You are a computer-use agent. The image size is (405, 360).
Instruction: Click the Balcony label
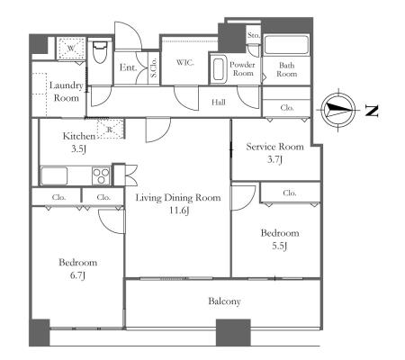[224, 301]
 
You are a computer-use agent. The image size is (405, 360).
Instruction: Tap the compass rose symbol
[338, 110]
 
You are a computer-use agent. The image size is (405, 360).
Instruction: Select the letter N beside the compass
[372, 111]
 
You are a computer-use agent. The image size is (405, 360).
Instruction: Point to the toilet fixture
[100, 52]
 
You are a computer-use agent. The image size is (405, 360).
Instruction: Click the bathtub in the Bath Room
[286, 45]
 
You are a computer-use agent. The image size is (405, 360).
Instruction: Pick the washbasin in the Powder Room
[219, 68]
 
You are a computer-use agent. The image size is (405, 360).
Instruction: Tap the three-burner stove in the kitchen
[101, 175]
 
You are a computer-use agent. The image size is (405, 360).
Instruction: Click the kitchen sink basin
[54, 175]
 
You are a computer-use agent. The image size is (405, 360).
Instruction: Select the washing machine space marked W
[71, 49]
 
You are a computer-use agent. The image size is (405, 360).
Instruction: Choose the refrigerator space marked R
[110, 130]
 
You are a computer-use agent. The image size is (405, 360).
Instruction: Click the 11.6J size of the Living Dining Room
[179, 211]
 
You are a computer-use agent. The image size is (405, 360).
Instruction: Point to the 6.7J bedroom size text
[77, 275]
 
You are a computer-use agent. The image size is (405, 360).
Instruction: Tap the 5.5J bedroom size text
[279, 246]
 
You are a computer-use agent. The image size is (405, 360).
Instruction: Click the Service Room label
[274, 147]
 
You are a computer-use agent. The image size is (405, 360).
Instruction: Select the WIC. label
[184, 62]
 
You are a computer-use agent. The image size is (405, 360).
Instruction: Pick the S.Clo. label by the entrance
[153, 67]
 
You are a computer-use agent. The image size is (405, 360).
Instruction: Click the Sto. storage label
[254, 35]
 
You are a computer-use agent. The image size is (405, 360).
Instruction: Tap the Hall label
[219, 103]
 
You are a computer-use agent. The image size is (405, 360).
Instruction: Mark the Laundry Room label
[66, 92]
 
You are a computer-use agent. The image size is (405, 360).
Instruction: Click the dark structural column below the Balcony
[233, 332]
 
